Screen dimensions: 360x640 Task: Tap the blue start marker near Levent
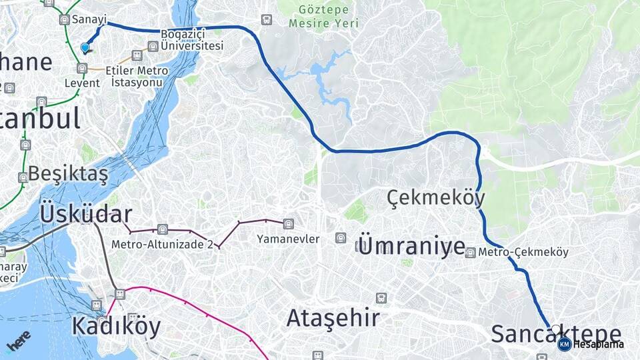coord(85,47)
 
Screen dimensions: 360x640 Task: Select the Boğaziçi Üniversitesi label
coord(191,39)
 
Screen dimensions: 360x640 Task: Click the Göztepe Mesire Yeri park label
coord(323,16)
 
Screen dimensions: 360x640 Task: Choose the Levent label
coord(82,83)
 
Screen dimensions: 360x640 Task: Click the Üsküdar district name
coord(86,214)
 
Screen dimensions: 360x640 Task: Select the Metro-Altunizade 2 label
coord(162,244)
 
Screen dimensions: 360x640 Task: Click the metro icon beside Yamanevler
coord(288,224)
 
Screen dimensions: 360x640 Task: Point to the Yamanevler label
coord(289,239)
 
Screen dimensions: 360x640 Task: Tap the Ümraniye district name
coord(411,245)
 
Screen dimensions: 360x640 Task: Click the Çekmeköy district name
coord(436,197)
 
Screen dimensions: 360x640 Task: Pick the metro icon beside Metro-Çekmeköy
coord(471,253)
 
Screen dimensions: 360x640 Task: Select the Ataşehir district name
coord(333,318)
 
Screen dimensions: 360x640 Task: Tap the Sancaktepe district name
coord(556,333)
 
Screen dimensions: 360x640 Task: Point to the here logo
coord(19,340)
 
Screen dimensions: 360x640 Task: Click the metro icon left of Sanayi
coord(64,19)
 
